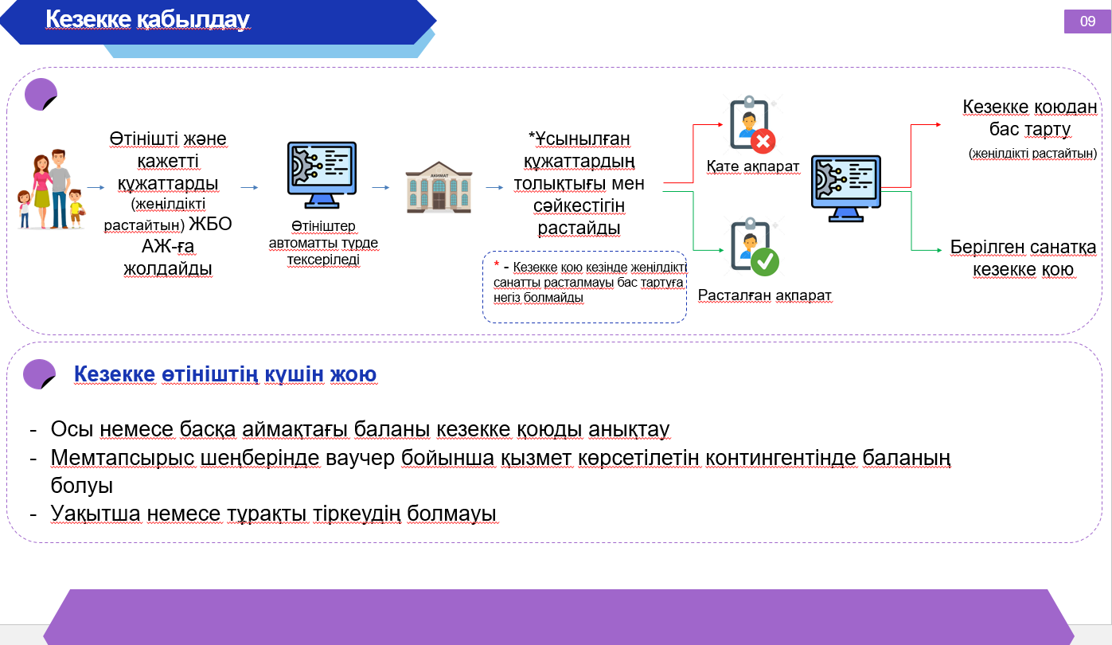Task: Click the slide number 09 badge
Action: tap(1087, 21)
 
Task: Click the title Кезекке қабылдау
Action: tap(147, 20)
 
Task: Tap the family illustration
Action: tap(51, 189)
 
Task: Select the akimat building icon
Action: tap(439, 187)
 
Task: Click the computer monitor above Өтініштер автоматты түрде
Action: tap(322, 174)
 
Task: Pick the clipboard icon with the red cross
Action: tap(752, 124)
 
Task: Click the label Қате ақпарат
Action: tap(752, 166)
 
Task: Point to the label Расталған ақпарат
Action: tap(764, 295)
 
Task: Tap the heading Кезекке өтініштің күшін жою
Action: tap(225, 374)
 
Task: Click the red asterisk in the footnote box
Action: tap(497, 264)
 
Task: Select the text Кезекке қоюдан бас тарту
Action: tap(1029, 118)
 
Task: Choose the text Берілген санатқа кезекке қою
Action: tap(1023, 258)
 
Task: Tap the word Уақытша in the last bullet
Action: tap(96, 514)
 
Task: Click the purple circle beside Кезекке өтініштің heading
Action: tap(39, 374)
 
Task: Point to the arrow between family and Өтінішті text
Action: tap(96, 187)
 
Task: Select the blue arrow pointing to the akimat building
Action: tap(380, 187)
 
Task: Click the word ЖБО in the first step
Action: tap(210, 225)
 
